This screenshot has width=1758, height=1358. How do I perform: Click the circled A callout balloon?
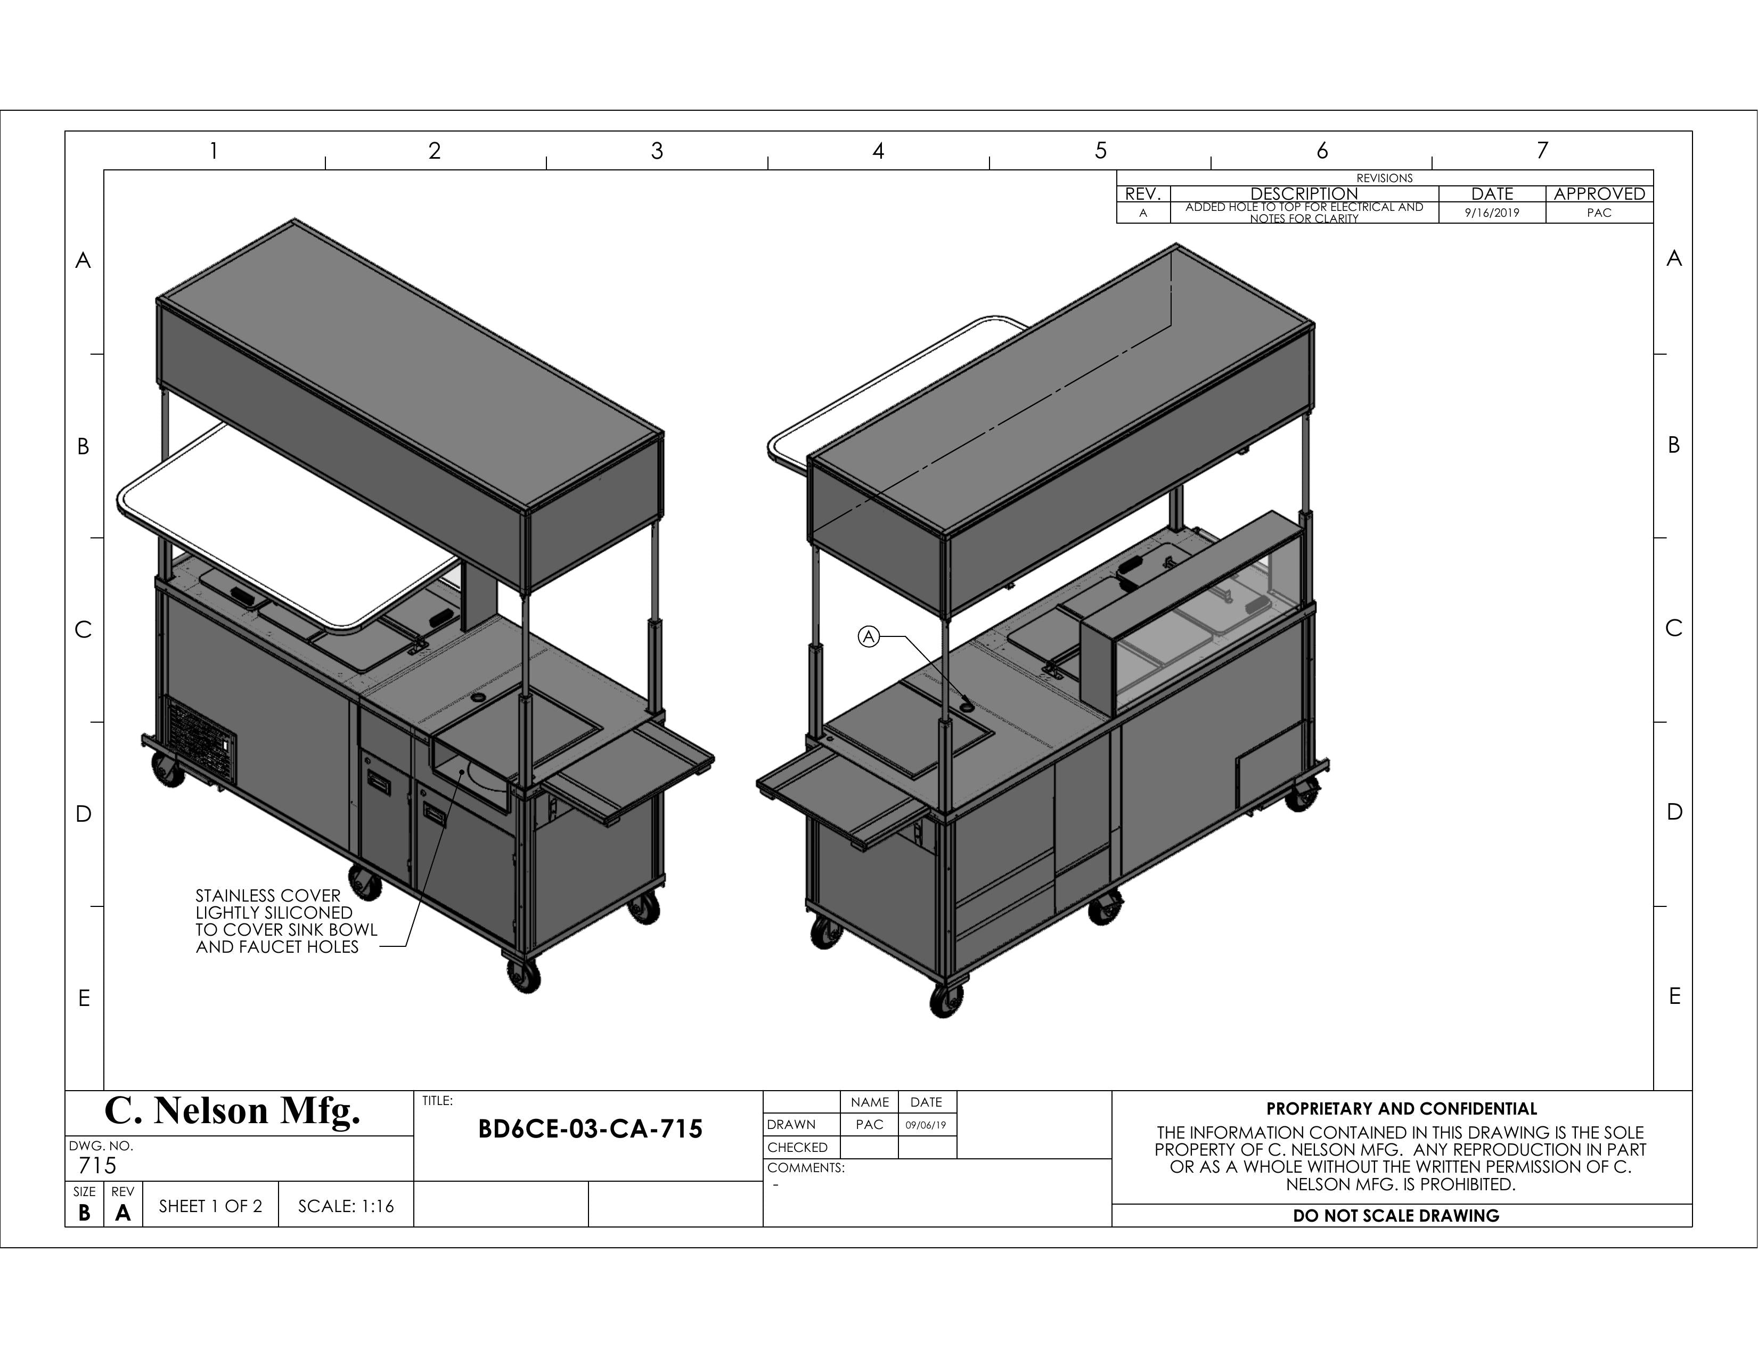868,637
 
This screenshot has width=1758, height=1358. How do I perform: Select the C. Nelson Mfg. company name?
233,1111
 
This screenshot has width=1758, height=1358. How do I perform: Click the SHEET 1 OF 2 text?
210,1206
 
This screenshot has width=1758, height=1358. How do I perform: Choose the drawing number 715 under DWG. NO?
97,1166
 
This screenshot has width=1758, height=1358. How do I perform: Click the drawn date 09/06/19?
926,1125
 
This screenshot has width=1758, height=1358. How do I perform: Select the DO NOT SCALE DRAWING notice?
1396,1215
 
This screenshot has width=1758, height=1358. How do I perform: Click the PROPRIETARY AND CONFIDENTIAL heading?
1401,1108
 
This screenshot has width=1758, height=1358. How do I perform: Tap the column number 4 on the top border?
878,151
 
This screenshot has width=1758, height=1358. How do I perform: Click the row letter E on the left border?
84,998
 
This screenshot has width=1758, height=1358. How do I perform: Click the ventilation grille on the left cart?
202,741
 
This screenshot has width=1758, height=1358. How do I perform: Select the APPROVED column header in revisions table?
1599,194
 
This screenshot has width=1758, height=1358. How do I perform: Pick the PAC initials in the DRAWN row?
869,1125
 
